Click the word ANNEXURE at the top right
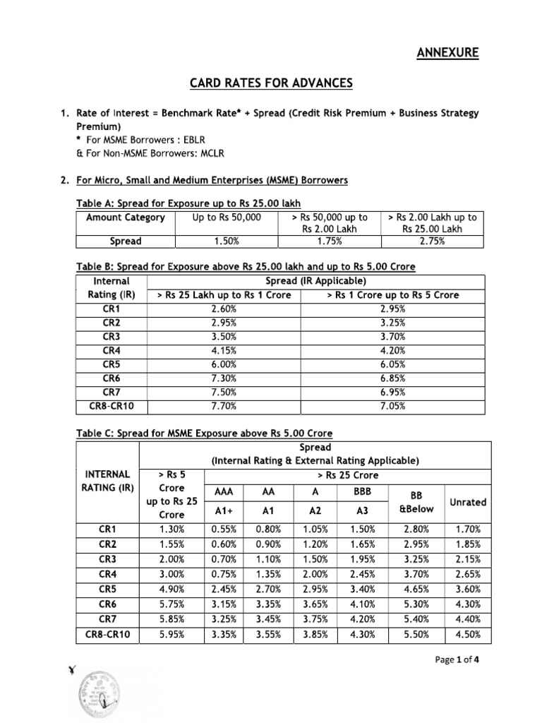coord(450,53)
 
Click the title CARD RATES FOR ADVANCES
coord(270,84)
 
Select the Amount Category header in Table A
coord(125,217)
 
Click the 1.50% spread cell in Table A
coord(227,241)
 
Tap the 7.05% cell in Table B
coord(392,406)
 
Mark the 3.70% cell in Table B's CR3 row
coord(392,337)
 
